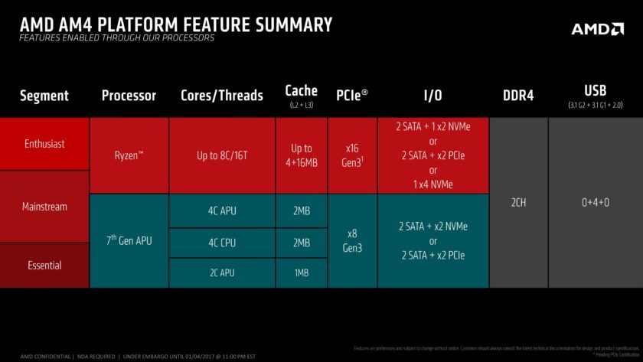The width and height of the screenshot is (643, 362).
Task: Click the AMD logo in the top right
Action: click(597, 29)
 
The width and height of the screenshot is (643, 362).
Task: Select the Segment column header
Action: click(44, 96)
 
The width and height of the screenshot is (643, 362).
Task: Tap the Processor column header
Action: click(129, 96)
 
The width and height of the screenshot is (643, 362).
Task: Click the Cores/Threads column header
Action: click(222, 96)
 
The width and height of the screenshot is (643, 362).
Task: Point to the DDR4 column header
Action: click(518, 96)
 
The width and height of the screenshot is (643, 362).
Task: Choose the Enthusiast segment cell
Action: click(44, 144)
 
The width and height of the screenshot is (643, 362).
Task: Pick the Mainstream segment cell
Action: click(44, 207)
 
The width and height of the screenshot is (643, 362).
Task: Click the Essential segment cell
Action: click(44, 266)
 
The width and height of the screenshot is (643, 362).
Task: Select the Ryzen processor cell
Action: click(129, 155)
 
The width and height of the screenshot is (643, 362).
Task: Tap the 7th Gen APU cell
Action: click(129, 241)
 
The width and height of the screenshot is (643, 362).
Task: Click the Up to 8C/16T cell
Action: click(222, 155)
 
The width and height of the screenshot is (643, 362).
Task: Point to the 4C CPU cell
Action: click(222, 243)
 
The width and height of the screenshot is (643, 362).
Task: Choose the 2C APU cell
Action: click(222, 273)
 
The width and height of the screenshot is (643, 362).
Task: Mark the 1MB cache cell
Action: click(302, 273)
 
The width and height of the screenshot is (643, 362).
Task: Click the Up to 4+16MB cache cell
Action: click(302, 155)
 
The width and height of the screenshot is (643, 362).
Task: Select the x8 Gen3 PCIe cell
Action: click(352, 241)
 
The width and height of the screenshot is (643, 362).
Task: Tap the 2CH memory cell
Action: click(518, 204)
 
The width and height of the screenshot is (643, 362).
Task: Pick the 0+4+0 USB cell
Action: click(595, 204)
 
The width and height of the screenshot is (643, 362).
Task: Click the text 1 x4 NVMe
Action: click(433, 184)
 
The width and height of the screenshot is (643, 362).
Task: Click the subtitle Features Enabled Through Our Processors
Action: click(117, 38)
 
